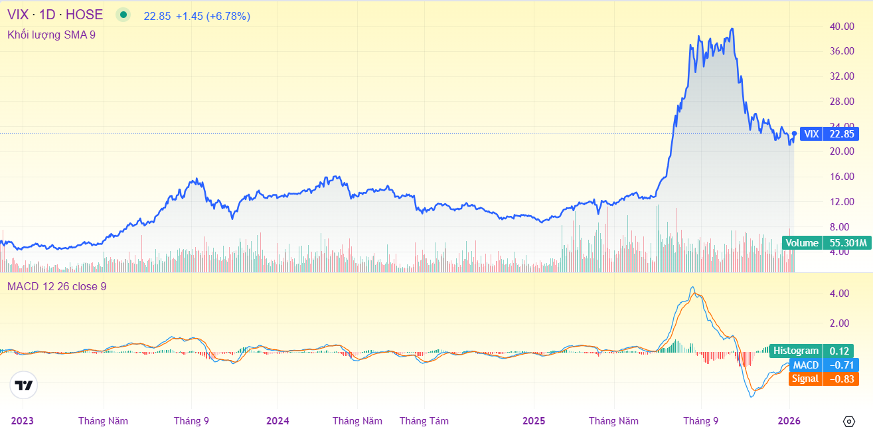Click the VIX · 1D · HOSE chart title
pos(55,15)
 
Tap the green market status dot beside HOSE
pos(123,15)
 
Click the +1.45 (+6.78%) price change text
pos(213,16)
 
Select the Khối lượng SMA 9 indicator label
pos(51,35)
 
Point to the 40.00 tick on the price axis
pos(841,27)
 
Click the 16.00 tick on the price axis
pos(841,177)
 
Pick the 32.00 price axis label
pos(841,76)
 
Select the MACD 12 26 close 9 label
pos(56,287)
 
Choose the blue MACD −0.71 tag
pos(823,365)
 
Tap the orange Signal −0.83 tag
pos(823,379)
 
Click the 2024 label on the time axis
pos(278,421)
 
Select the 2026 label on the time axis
pos(789,421)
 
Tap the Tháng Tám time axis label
pos(424,421)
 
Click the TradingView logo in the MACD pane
pos(24,385)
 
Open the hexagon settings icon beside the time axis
pos(849,421)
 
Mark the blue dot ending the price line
pos(794,133)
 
